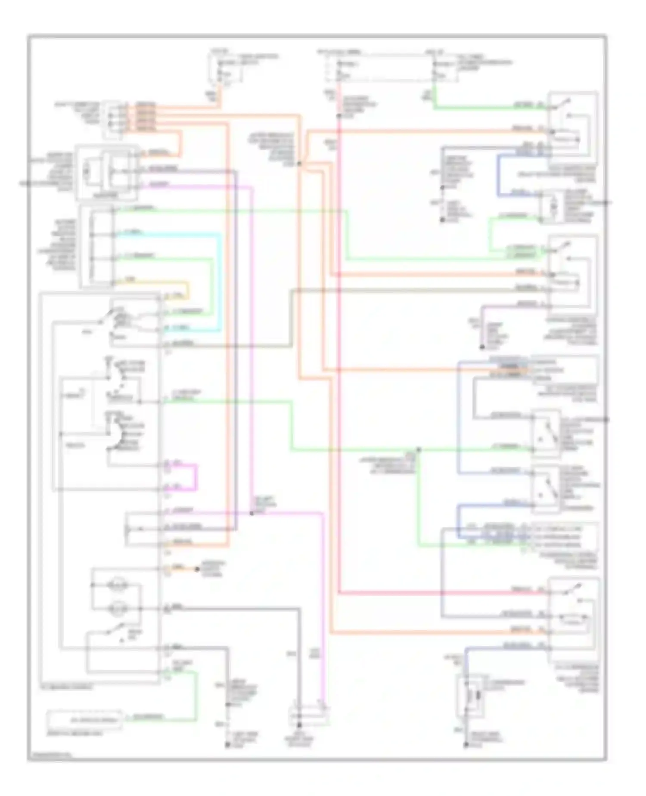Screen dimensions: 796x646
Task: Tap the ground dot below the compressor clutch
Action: tap(466, 744)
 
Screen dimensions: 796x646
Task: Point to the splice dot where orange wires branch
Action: tap(300, 164)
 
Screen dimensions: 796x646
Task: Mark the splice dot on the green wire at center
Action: tap(418, 449)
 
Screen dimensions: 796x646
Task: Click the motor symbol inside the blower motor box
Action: tap(87, 171)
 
